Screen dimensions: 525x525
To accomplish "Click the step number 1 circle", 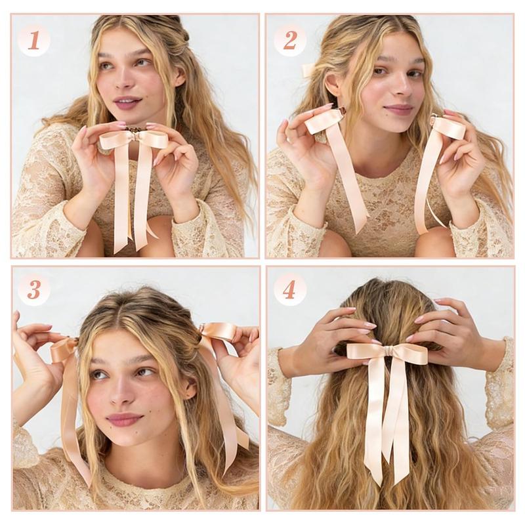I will point(34,41).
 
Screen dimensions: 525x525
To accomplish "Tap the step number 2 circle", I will point(290,41).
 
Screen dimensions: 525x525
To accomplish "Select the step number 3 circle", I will point(34,289).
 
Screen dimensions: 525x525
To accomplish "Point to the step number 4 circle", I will point(289,289).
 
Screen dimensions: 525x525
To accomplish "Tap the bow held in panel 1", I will point(135,138).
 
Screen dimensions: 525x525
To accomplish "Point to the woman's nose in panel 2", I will point(396,89).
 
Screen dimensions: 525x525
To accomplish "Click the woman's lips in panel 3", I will point(124,419).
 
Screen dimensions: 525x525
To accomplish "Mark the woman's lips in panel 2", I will point(398,109).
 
